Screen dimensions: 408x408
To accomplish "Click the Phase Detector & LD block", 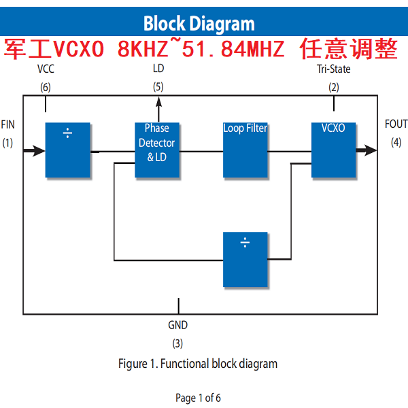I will [x=156, y=150].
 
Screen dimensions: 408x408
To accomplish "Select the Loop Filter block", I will [x=245, y=150].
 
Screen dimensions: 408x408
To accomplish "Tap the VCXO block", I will [x=334, y=150].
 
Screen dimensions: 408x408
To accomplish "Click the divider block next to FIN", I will [x=68, y=150].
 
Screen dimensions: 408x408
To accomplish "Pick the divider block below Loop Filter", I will [x=245, y=259].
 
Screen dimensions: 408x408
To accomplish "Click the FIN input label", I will [x=8, y=124].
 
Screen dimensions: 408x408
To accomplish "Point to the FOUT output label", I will [x=396, y=124].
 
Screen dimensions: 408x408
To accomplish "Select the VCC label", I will [x=46, y=69].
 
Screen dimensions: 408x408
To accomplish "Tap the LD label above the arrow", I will [x=158, y=69].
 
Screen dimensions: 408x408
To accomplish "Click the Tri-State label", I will [x=334, y=69].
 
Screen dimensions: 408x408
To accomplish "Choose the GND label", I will [x=178, y=326].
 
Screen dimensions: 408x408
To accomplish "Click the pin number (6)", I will [x=46, y=87].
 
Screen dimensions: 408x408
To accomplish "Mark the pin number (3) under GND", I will [x=177, y=343].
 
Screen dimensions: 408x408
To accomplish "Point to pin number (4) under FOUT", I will [x=396, y=142].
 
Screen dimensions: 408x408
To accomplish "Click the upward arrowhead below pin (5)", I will [x=158, y=101].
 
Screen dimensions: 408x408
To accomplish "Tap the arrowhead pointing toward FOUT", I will [x=370, y=150].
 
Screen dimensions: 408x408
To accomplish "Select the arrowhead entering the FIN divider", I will [x=39, y=150].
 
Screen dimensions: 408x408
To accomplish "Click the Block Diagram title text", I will [x=199, y=24].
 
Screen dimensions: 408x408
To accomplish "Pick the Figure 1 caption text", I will [x=198, y=364].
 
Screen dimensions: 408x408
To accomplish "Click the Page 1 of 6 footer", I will [x=198, y=398].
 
